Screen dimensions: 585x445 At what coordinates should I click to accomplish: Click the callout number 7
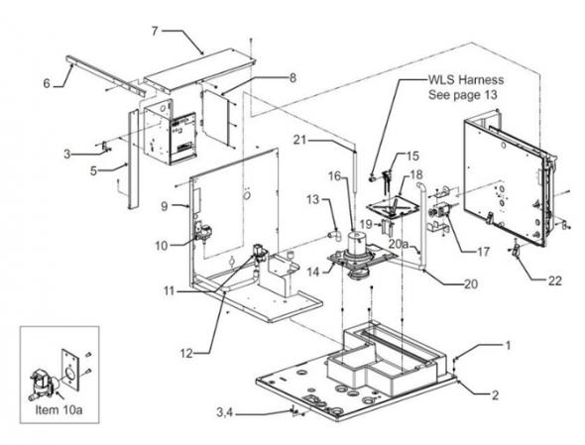tap(155, 31)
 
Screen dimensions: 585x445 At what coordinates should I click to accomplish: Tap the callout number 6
tap(47, 83)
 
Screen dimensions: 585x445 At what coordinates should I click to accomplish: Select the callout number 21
tap(299, 141)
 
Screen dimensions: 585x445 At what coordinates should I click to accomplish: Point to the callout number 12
tap(186, 353)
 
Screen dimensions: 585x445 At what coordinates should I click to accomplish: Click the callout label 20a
tap(400, 244)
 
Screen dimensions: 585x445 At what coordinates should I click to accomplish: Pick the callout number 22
tap(554, 280)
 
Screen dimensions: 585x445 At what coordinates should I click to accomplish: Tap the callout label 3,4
tap(225, 412)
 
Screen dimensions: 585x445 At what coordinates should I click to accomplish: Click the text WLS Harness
tap(466, 79)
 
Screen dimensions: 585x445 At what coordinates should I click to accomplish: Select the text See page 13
tap(463, 95)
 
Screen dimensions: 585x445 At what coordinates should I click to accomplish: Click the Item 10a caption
tap(58, 410)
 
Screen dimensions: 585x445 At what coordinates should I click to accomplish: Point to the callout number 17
tap(483, 252)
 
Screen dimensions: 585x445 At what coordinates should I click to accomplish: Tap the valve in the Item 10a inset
tap(43, 385)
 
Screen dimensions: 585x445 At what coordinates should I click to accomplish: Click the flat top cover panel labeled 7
tap(200, 69)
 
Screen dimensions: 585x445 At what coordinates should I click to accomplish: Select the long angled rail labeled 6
tap(106, 75)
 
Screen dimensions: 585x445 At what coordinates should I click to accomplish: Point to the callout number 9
tap(165, 206)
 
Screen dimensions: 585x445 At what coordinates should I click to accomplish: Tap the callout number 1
tap(508, 346)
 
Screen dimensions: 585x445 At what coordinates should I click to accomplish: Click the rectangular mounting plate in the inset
tap(70, 370)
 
